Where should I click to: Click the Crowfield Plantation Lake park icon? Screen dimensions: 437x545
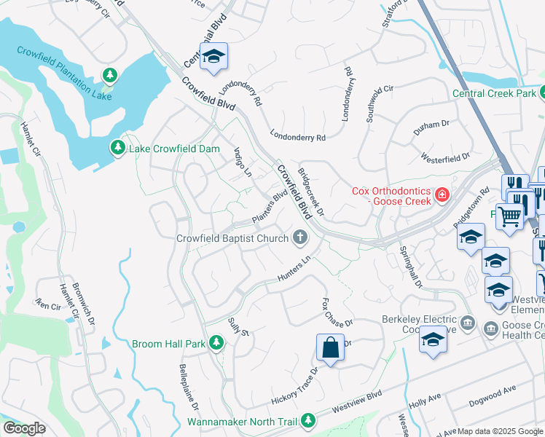pos(109,75)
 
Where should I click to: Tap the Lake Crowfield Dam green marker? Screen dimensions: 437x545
pos(117,149)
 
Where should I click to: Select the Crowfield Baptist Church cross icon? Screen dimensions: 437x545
pos(299,237)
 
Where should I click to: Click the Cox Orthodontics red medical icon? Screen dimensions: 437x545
pos(442,195)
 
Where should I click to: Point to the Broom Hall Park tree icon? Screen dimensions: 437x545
pos(216,342)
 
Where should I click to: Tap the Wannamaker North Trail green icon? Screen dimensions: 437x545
pos(309,420)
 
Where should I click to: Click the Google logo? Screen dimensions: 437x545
pos(24,428)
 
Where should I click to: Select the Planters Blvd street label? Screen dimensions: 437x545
pos(269,208)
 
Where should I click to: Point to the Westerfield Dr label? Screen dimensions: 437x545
pos(445,156)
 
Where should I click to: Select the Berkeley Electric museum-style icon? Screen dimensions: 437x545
pos(468,323)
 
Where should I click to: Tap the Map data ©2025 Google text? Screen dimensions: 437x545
pos(499,430)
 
